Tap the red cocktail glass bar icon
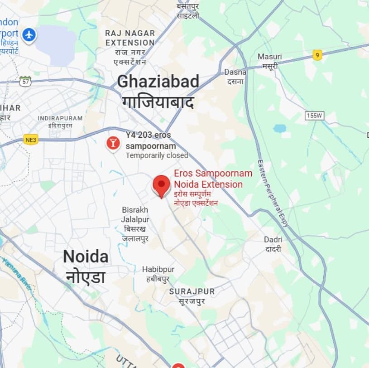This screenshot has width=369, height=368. pyautogui.click(x=112, y=143)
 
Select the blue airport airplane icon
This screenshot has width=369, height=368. pyautogui.click(x=29, y=34)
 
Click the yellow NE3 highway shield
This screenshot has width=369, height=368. pyautogui.click(x=30, y=140)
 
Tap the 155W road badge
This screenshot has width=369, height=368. pyautogui.click(x=315, y=116)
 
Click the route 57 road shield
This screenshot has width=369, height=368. pyautogui.click(x=25, y=82)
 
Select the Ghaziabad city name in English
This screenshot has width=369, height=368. pyautogui.click(x=158, y=82)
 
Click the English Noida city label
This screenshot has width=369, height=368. pyautogui.click(x=86, y=257)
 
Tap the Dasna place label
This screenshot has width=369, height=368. pyautogui.click(x=235, y=72)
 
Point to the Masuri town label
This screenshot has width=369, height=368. pyautogui.click(x=269, y=57)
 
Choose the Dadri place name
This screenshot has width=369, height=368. pyautogui.click(x=273, y=240)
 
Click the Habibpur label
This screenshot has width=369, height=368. pyautogui.click(x=158, y=270)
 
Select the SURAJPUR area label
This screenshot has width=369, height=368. pyautogui.click(x=192, y=291)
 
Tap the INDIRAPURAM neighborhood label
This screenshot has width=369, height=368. pyautogui.click(x=60, y=118)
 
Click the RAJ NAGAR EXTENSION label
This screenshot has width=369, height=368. pyautogui.click(x=130, y=38)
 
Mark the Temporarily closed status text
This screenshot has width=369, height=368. pyautogui.click(x=157, y=155)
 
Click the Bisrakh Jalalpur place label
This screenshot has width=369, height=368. pyautogui.click(x=135, y=215)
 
